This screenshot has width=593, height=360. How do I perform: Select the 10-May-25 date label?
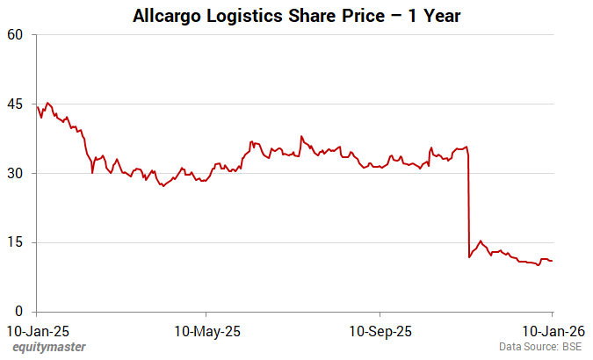[x=207, y=332]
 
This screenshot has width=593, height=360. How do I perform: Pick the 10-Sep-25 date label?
[x=380, y=332]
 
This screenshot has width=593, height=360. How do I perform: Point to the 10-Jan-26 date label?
[x=552, y=332]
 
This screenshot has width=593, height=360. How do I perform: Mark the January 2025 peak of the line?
[x=47, y=103]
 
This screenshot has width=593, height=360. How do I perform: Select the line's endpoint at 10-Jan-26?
[x=552, y=261]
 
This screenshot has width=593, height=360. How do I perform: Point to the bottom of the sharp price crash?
[x=470, y=257]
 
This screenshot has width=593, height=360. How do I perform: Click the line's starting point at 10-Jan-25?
[x=37, y=106]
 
